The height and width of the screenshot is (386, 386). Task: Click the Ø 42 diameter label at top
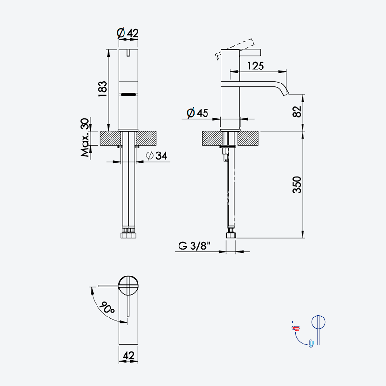[127, 33]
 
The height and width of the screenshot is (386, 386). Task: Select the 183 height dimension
[103, 89]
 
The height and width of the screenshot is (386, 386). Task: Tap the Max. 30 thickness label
[85, 138]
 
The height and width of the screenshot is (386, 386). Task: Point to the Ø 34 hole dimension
[156, 155]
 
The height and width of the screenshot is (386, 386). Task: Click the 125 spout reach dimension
[256, 66]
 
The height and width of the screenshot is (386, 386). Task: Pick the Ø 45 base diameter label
[197, 113]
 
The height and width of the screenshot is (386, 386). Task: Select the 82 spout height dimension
[297, 111]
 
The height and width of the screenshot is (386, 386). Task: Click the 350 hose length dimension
[297, 185]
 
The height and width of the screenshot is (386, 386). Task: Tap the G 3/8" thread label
[194, 246]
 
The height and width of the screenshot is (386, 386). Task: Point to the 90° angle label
[107, 307]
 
